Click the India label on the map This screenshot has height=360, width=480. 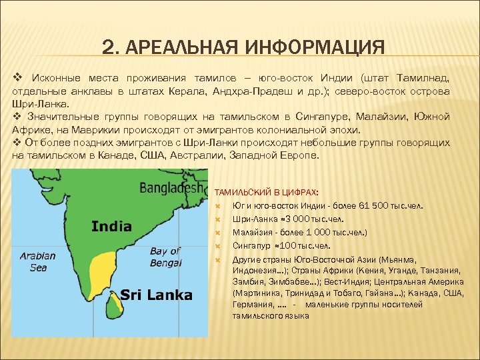pos(111,227)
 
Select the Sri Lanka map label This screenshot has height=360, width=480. pos(156,295)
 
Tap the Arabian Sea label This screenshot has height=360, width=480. pos(33,261)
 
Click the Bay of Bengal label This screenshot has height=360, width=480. pos(165,257)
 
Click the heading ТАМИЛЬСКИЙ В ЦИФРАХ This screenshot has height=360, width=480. pos(267,192)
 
